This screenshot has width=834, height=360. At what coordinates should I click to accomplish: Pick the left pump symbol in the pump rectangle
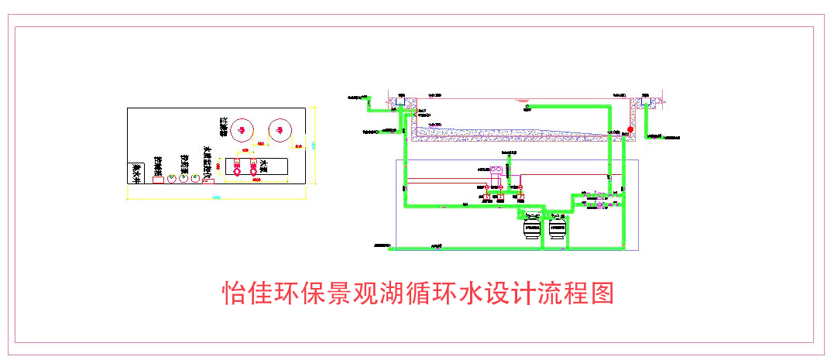coord(236,167)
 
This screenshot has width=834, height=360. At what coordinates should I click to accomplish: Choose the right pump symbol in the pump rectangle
coord(253,167)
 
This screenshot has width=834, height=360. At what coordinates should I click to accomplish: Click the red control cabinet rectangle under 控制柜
coord(158,180)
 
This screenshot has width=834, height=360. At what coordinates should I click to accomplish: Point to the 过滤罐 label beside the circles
coord(224,126)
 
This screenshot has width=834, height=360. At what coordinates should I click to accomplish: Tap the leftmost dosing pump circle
coord(172,177)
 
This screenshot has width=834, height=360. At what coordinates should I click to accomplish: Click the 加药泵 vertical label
coord(184,163)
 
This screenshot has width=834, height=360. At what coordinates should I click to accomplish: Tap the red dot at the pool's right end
coord(630,129)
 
